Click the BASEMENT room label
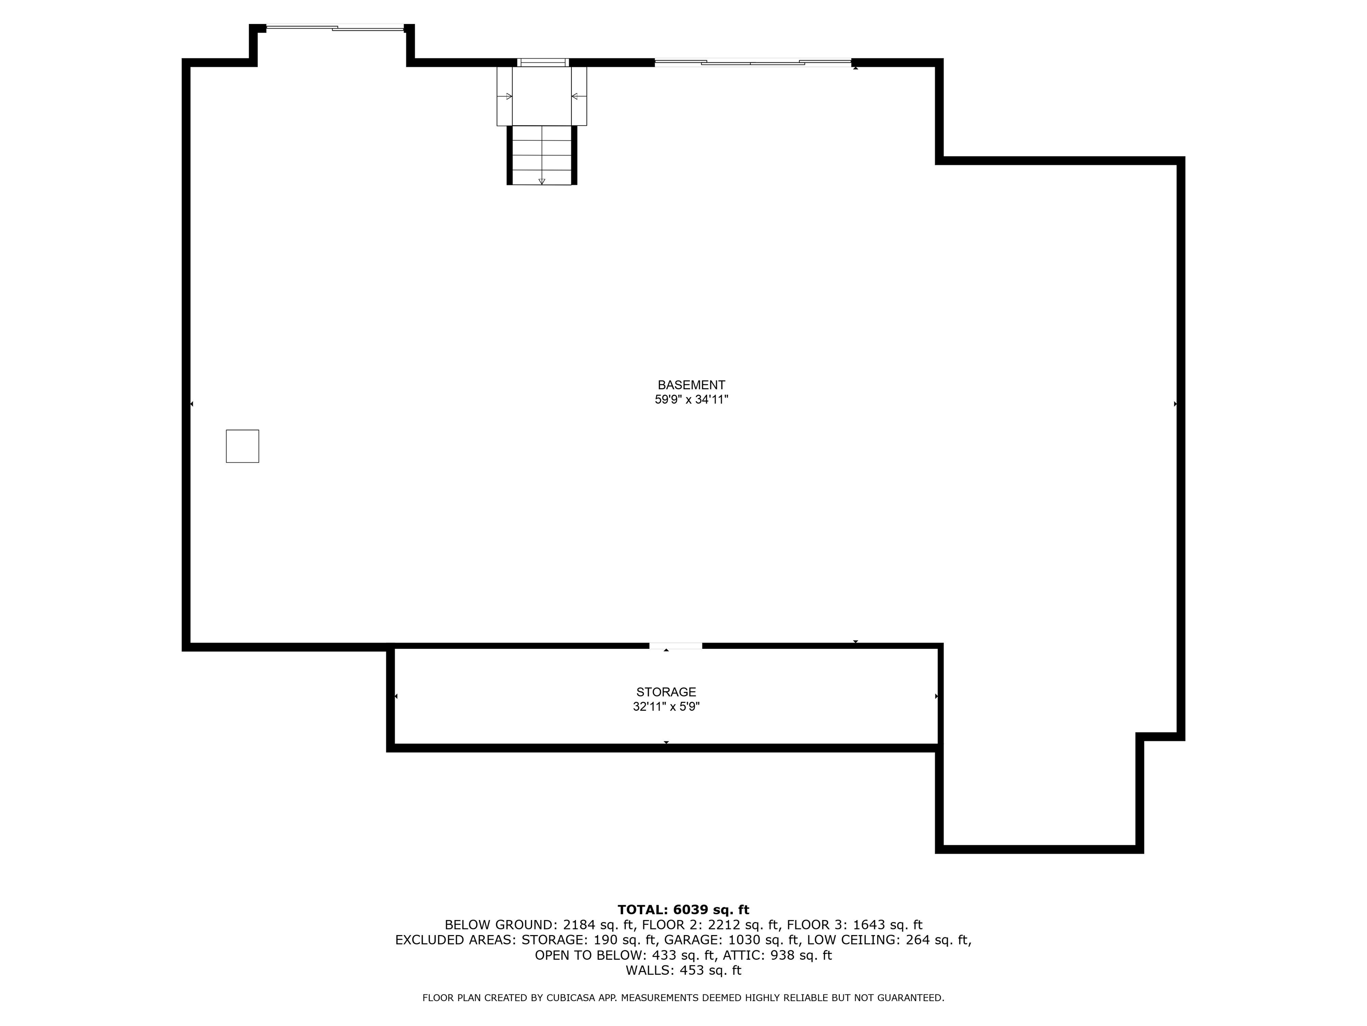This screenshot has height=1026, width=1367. pos(691,385)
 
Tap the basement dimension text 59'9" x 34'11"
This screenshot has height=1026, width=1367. pos(692,399)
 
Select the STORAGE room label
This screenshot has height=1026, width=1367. pos(666,692)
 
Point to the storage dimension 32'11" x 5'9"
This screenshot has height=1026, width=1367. pos(666,707)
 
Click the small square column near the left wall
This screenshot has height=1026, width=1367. pos(242,446)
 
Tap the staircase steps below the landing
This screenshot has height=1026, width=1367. pos(542,155)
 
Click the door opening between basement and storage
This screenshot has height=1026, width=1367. pos(675,646)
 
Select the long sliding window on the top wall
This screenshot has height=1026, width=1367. pos(753,62)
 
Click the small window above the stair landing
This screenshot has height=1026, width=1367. pos(542,62)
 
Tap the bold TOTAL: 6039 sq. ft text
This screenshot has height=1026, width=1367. pos(683,910)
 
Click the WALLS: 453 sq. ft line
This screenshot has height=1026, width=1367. pos(683,970)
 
